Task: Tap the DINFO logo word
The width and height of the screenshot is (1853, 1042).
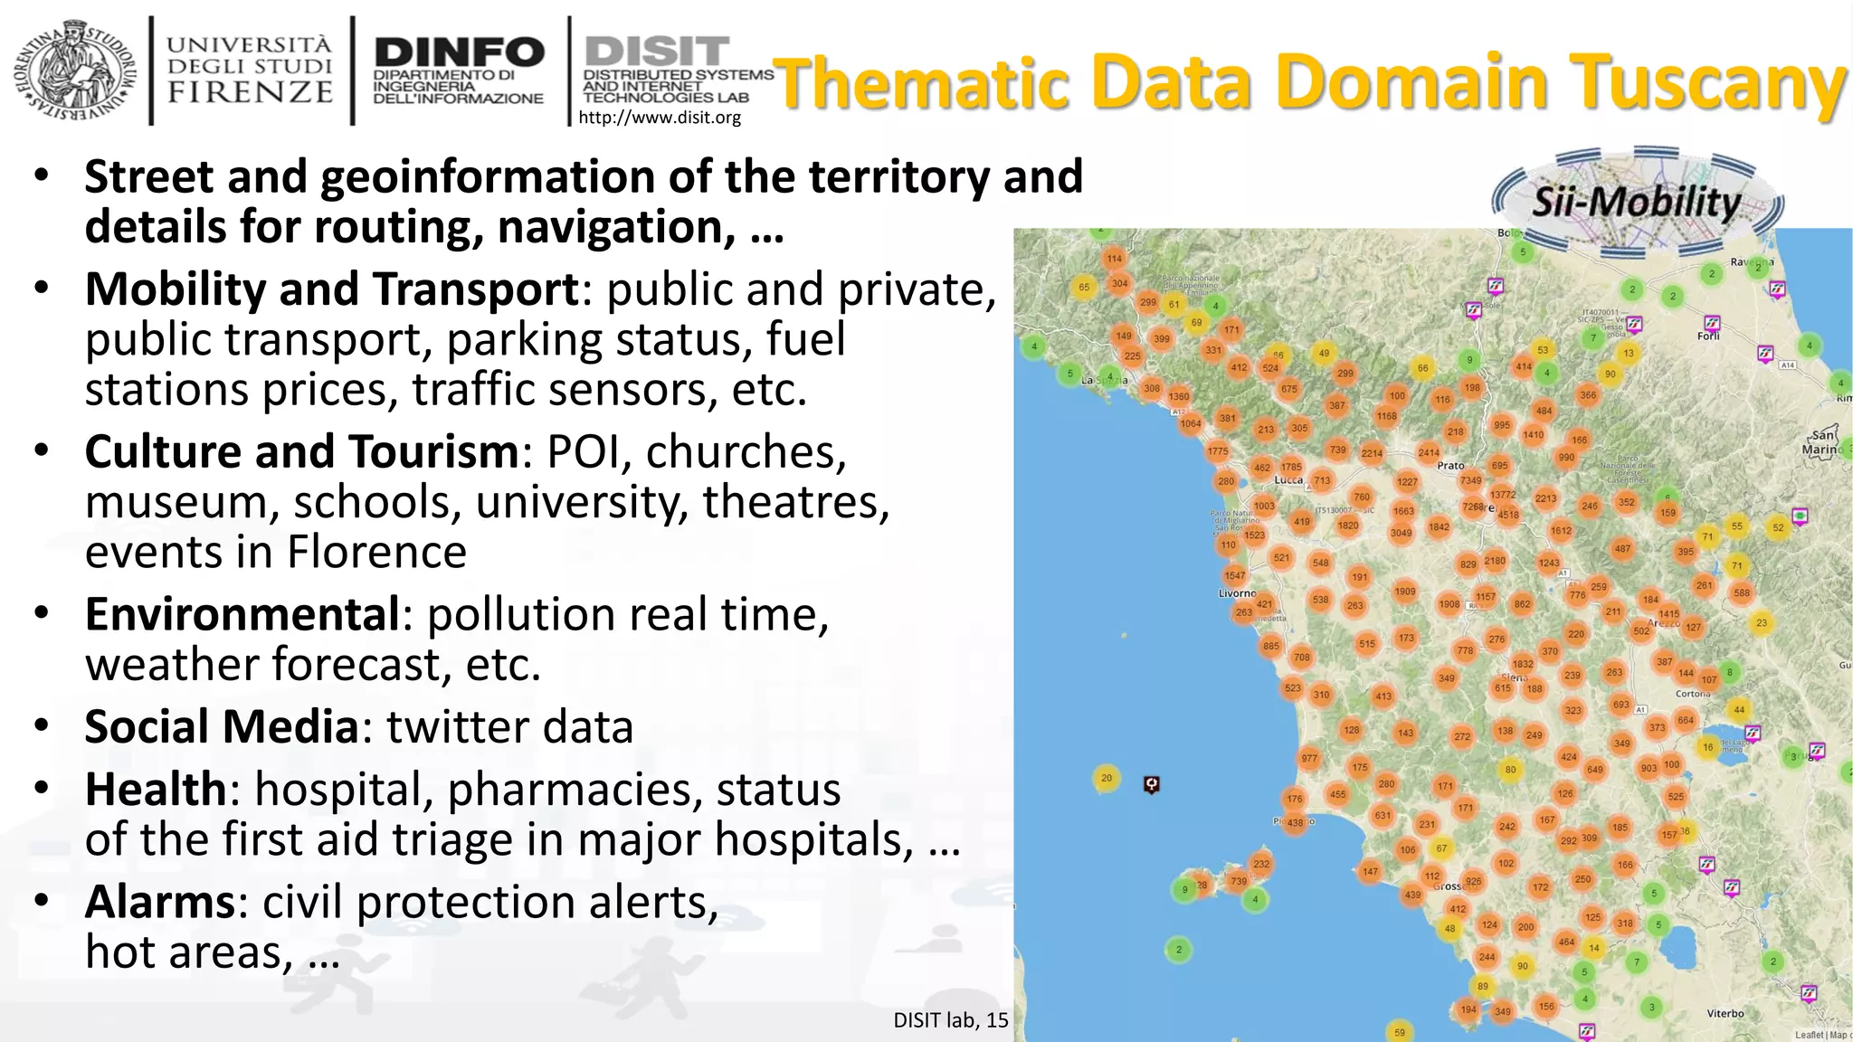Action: click(459, 52)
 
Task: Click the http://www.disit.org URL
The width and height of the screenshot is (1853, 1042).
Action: click(659, 118)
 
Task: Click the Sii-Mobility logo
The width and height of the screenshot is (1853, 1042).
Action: click(1637, 201)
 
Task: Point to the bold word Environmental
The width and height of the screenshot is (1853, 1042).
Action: click(242, 614)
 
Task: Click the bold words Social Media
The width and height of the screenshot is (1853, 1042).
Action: click(222, 726)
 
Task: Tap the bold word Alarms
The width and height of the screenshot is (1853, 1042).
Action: click(160, 902)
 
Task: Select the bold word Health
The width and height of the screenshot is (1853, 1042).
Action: click(156, 789)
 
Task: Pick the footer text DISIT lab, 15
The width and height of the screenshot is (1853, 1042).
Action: click(950, 1020)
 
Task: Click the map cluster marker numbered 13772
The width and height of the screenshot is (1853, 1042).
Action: click(1503, 495)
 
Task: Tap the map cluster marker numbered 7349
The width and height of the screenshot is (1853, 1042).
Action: click(1471, 480)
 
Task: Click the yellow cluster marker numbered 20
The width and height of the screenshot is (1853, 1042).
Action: click(1106, 778)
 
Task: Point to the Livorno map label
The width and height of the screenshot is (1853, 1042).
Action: click(1237, 593)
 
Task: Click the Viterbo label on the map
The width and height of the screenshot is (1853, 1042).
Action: click(1725, 1013)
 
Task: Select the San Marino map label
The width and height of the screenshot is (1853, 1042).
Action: click(1820, 442)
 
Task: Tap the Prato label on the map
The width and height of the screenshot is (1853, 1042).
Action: click(1450, 466)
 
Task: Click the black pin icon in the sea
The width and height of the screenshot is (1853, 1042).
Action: click(1151, 784)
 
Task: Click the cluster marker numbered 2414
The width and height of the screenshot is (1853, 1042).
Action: click(1429, 452)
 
